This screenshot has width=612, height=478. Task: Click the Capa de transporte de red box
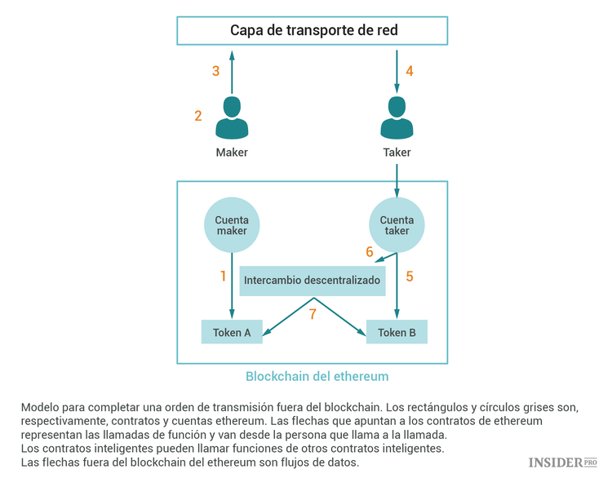coord(313,31)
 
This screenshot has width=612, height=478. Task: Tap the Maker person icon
coord(232,119)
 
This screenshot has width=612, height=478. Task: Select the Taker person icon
coord(397,119)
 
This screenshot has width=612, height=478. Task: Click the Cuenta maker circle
coord(231,226)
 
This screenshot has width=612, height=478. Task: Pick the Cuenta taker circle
coord(397,226)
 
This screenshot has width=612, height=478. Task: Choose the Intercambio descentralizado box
coord(313,281)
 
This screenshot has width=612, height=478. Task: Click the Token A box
coord(232,332)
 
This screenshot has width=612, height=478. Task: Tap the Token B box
coord(397,332)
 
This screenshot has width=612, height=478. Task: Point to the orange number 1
coord(223,277)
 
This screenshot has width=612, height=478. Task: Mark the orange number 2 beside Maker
coord(198,117)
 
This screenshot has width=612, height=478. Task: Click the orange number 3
coord(215,71)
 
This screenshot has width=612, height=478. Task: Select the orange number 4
coord(410,71)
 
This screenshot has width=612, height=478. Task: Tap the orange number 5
coord(410,277)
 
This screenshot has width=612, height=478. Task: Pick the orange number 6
coord(369,252)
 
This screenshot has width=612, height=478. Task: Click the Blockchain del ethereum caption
coord(317,377)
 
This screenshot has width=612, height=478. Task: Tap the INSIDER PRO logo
coord(562,463)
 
